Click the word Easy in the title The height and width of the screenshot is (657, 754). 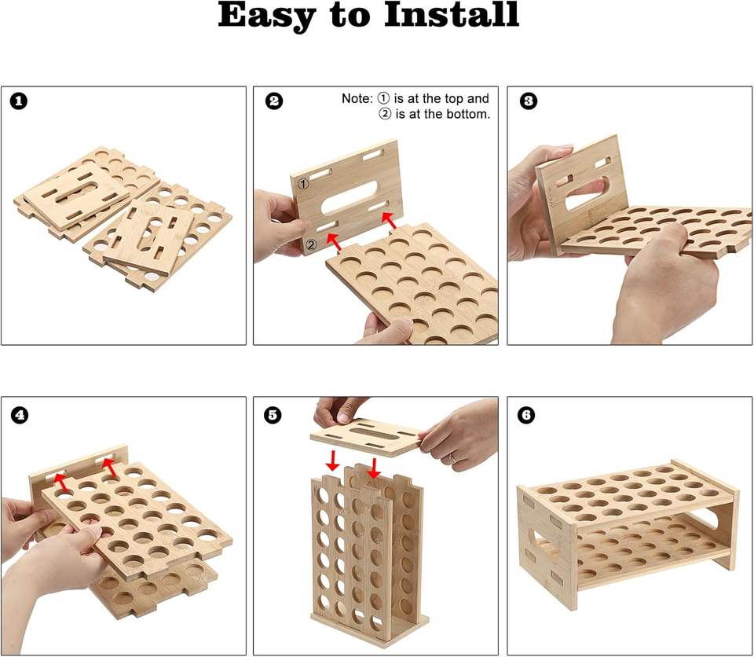(x=267, y=17)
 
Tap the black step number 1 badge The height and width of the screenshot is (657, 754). (x=19, y=101)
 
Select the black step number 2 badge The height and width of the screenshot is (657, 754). (x=274, y=101)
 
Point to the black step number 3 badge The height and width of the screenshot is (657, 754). (x=529, y=101)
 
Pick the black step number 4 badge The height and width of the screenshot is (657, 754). (x=19, y=415)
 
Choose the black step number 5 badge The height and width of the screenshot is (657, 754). (x=273, y=415)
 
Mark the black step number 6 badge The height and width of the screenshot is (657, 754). (x=527, y=415)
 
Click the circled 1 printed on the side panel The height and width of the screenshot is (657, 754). (x=303, y=183)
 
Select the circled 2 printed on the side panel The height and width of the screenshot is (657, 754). (x=311, y=244)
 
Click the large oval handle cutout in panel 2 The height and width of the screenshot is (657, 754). (x=349, y=198)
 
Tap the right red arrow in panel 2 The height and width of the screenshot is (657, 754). (x=389, y=221)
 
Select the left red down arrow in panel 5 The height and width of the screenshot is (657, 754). (x=332, y=461)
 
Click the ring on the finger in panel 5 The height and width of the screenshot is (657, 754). (x=452, y=457)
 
